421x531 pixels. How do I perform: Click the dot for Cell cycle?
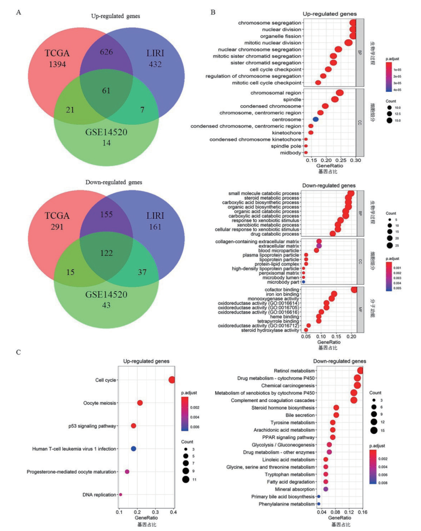coord(172,380)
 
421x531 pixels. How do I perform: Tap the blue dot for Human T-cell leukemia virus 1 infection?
coord(133,449)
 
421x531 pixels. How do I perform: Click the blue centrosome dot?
coord(315,119)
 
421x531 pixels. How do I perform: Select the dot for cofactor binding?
coord(355,289)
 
